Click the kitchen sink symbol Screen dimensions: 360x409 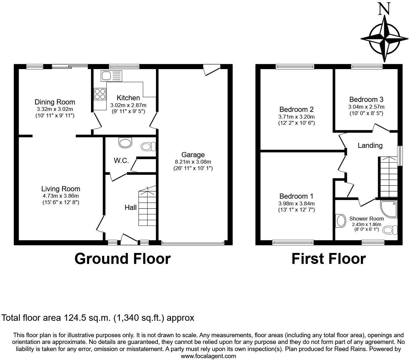coord(111,76)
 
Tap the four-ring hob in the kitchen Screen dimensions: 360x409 coord(100,94)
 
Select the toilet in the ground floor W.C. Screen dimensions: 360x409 coord(148,147)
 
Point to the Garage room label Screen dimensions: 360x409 coord(193,155)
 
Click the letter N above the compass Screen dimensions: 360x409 coord(384,9)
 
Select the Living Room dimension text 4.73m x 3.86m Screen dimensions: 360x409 coord(61,196)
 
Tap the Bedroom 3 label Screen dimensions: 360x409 coord(366,99)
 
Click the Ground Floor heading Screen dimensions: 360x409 coord(122,259)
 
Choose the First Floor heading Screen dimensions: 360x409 coord(328,259)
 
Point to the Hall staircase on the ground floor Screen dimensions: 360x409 coord(148,207)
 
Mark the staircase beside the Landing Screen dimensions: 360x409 coord(388,177)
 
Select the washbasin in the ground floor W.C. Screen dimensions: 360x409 coord(125,142)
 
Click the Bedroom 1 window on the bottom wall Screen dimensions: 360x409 coord(293,242)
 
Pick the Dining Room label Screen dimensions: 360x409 coord(55,102)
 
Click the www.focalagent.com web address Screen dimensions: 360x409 coord(208,356)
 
